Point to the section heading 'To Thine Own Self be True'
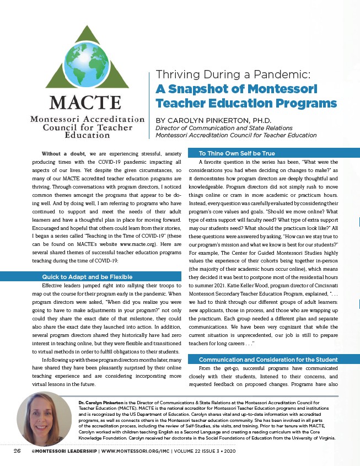pyautogui.click(x=237, y=152)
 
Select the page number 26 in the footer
pyautogui.click(x=17, y=451)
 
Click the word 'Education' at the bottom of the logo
pyautogui.click(x=87, y=134)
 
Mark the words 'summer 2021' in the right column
pyautogui.click(x=211, y=287)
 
